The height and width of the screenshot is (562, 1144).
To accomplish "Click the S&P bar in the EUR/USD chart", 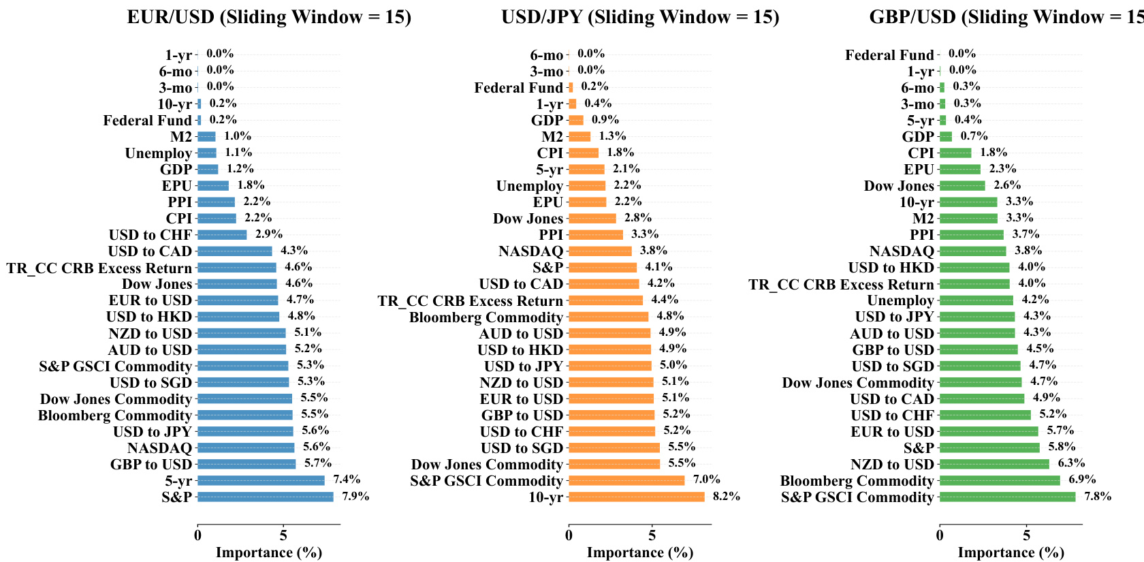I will point(266,497).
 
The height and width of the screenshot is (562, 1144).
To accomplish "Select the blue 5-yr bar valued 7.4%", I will point(261,481).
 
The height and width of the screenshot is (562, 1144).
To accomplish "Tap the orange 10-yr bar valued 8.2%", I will point(636,497).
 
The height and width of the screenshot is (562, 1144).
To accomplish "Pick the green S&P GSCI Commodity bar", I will point(1007,497).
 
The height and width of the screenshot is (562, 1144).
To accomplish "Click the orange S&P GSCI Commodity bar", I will point(626,481).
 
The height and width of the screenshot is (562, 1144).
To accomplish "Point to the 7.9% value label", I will point(355,496).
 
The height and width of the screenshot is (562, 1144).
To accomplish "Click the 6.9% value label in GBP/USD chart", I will point(1082,480).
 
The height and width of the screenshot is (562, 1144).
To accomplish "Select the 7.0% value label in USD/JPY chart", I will point(706,480).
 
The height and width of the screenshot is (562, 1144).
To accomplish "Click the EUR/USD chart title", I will point(269,17).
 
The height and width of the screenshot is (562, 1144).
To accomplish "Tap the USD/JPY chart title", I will point(640,17).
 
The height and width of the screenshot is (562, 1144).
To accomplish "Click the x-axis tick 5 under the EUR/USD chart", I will point(283,535).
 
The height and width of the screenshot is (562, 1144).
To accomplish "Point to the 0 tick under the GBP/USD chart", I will point(940,535).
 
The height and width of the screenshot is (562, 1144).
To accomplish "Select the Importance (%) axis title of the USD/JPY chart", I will point(640,552).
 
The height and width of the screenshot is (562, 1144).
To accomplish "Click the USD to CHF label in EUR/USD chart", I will point(150,235).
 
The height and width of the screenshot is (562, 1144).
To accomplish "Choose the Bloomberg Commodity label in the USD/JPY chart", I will point(486,317).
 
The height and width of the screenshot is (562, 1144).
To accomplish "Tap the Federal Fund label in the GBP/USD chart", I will point(889,55).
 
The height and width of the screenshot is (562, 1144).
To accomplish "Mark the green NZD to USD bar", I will point(994,465).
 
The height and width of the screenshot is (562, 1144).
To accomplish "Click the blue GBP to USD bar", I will point(247,465).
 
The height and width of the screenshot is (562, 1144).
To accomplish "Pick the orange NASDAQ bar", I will point(600,251).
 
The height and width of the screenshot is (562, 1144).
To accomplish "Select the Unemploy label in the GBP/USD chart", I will point(900,300).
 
